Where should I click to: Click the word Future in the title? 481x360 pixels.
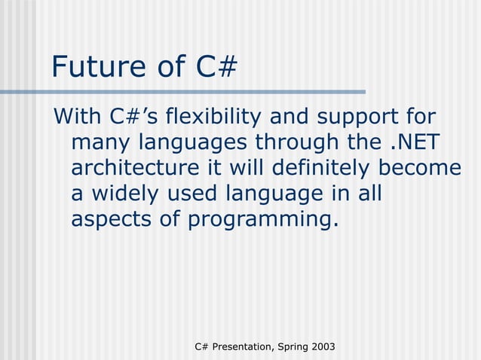tap(97, 68)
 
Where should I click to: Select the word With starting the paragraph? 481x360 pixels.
tap(77, 117)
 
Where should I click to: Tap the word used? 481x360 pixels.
tap(195, 194)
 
